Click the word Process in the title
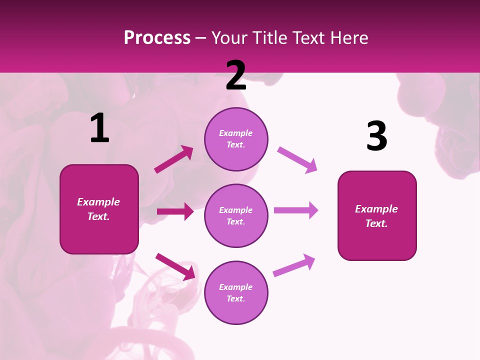tap(157, 38)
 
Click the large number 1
tap(99, 128)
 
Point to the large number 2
tap(235, 75)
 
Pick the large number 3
tap(376, 136)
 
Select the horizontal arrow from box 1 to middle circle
tap(175, 211)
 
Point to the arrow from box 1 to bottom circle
tap(175, 266)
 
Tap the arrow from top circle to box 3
tap(297, 159)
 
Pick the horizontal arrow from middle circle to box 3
tap(296, 210)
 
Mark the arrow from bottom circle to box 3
tap(294, 265)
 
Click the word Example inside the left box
tap(98, 202)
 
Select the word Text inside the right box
tap(376, 223)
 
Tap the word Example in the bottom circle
tap(236, 287)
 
